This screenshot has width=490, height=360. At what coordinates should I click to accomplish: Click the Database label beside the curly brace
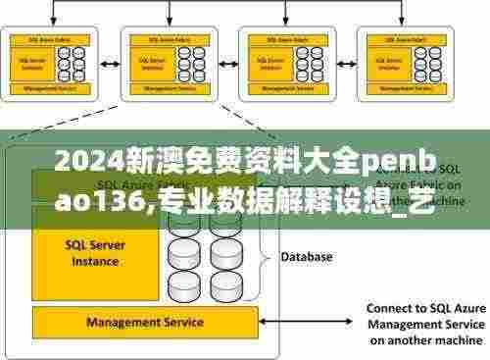coord(307,257)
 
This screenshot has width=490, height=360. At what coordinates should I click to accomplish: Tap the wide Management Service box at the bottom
coord(144,322)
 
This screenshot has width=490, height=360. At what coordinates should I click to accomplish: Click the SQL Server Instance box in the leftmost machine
coord(35,62)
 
